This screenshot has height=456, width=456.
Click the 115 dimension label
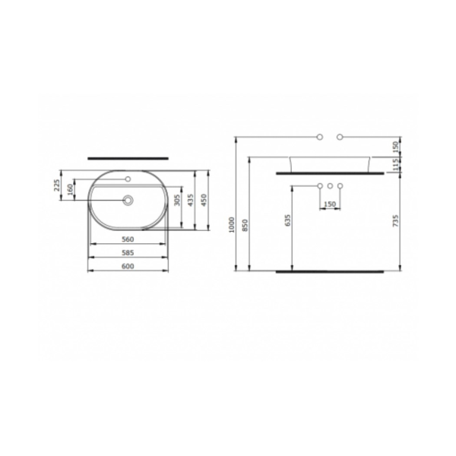click(x=395, y=163)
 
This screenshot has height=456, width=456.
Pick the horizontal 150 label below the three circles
click(x=331, y=204)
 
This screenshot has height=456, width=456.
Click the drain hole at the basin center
click(x=128, y=201)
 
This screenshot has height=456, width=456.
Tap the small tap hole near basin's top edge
click(x=128, y=180)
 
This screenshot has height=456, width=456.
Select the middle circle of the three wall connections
click(x=331, y=187)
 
